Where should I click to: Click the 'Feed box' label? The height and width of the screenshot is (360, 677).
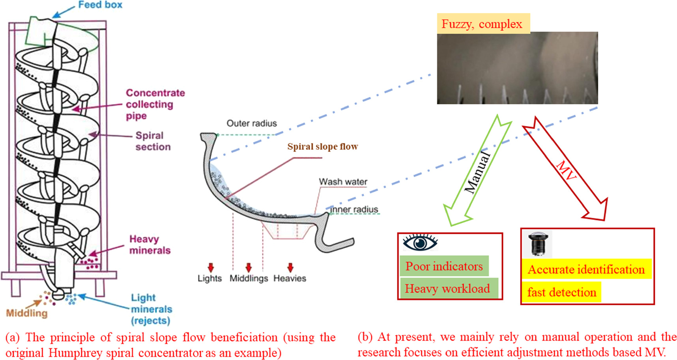[x=100, y=5]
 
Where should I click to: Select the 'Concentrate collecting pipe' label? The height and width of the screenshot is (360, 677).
[x=155, y=104]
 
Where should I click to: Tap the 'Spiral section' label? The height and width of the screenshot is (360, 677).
[x=153, y=141]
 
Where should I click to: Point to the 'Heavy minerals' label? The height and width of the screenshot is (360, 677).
[x=150, y=244]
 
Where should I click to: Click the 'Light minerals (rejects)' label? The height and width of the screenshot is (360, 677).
[x=151, y=309]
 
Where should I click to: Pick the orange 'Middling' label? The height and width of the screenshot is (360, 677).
[x=26, y=313]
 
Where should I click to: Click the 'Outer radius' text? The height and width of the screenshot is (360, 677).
[x=252, y=123]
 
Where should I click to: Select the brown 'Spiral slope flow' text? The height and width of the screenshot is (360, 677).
[x=322, y=147]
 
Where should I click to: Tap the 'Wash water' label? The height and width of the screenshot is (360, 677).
[x=343, y=182]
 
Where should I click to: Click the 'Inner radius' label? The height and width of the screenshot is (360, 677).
[x=354, y=209]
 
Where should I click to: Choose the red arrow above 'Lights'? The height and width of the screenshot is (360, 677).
[x=211, y=268]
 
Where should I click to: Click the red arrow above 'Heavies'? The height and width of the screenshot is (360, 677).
[x=290, y=268]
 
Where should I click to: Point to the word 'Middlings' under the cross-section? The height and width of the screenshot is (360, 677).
[x=249, y=278]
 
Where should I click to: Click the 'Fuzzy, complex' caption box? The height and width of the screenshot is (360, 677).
[x=482, y=24]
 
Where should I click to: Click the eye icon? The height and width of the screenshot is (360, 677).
[x=420, y=242]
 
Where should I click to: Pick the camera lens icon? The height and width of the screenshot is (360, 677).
[x=539, y=244]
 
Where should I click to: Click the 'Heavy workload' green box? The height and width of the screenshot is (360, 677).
[x=447, y=289]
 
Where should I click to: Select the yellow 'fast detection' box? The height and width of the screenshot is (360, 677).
[x=561, y=292]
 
